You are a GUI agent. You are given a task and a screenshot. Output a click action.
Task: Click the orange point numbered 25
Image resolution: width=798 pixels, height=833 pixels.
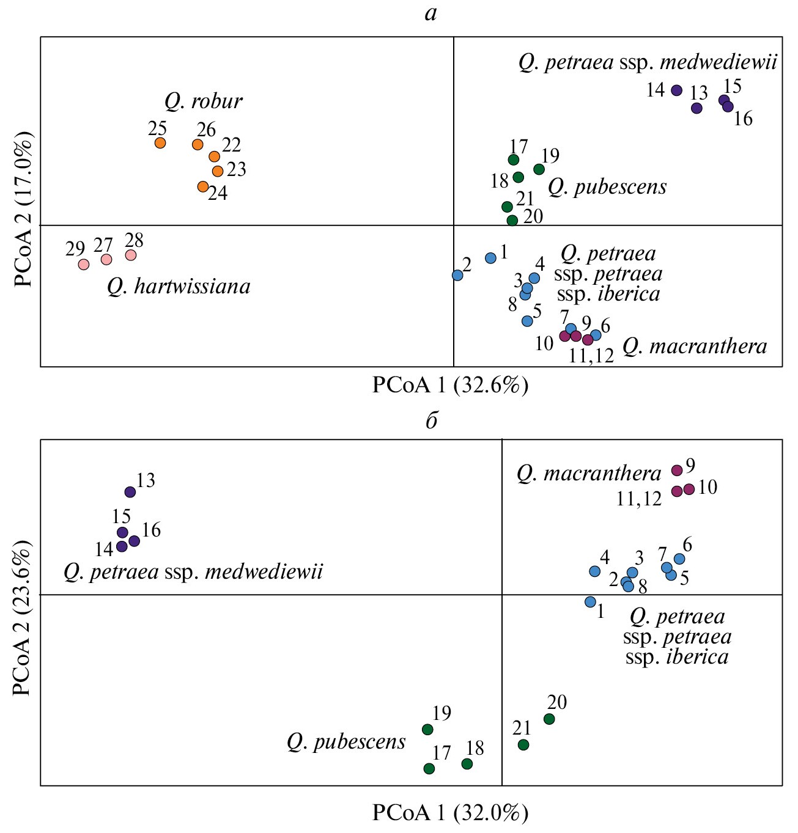pos(160,143)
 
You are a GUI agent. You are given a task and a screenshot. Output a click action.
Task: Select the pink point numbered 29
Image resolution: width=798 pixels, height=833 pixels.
pos(84,265)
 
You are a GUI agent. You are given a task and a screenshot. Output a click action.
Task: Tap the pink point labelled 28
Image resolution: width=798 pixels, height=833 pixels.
pos(131,255)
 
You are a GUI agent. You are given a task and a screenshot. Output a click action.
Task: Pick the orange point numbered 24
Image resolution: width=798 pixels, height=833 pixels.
pos(203,186)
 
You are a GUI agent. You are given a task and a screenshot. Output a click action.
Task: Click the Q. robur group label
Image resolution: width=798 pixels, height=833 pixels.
pos(203,101)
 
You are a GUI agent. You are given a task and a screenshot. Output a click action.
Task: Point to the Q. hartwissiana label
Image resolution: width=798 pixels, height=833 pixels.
pos(179,287)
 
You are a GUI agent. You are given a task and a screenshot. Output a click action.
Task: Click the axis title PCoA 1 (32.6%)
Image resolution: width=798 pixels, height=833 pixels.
pos(450,386)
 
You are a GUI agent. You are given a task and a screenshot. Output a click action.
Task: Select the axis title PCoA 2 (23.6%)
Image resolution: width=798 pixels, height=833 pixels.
pos(22,618)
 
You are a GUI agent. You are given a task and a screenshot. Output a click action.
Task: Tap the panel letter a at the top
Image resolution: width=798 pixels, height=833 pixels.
pos(431,13)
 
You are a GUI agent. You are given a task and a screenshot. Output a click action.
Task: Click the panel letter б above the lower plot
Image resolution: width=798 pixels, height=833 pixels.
pos(432,421)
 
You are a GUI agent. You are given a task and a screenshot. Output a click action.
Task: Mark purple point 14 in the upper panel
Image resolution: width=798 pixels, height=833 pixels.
pos(676,90)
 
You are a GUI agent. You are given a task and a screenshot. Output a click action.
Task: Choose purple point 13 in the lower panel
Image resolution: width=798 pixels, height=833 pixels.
pos(130,492)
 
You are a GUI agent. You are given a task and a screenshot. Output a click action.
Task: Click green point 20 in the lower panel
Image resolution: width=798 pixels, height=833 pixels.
pos(549,719)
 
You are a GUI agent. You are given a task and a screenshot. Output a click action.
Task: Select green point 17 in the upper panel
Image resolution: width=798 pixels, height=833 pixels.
pos(514,160)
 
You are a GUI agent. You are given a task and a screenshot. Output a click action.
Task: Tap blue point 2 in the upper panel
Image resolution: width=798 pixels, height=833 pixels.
pos(457,276)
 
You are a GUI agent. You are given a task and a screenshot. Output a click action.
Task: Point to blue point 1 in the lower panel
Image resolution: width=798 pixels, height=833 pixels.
pos(590,602)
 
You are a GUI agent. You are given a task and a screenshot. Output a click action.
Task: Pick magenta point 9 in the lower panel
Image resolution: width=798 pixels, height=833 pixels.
pos(677,470)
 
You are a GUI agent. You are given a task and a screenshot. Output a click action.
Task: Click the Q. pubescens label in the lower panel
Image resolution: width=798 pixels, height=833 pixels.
pos(346,742)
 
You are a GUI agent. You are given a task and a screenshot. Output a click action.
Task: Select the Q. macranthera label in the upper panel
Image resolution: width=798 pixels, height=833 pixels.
pos(695,347)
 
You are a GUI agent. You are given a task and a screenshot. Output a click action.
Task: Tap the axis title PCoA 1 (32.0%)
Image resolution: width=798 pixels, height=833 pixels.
pos(450,813)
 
